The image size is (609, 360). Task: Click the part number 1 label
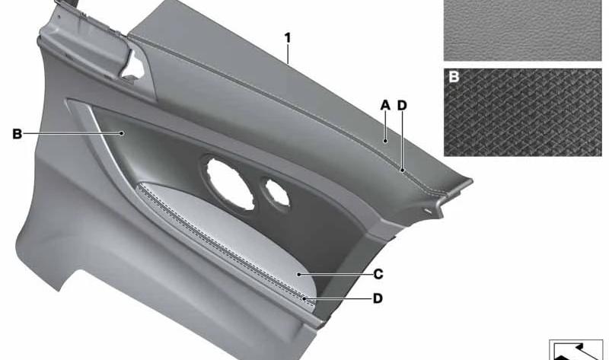coord(288,38)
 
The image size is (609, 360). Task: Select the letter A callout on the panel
coord(385,105)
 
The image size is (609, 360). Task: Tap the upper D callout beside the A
coord(402,105)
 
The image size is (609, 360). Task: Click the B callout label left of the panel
coord(17,134)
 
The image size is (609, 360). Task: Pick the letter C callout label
coord(378,274)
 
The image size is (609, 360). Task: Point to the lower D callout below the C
coord(378,298)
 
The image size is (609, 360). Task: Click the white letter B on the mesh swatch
coord(454,77)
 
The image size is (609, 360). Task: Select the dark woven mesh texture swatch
coord(523,113)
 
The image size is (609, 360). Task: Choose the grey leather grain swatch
coord(523,30)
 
